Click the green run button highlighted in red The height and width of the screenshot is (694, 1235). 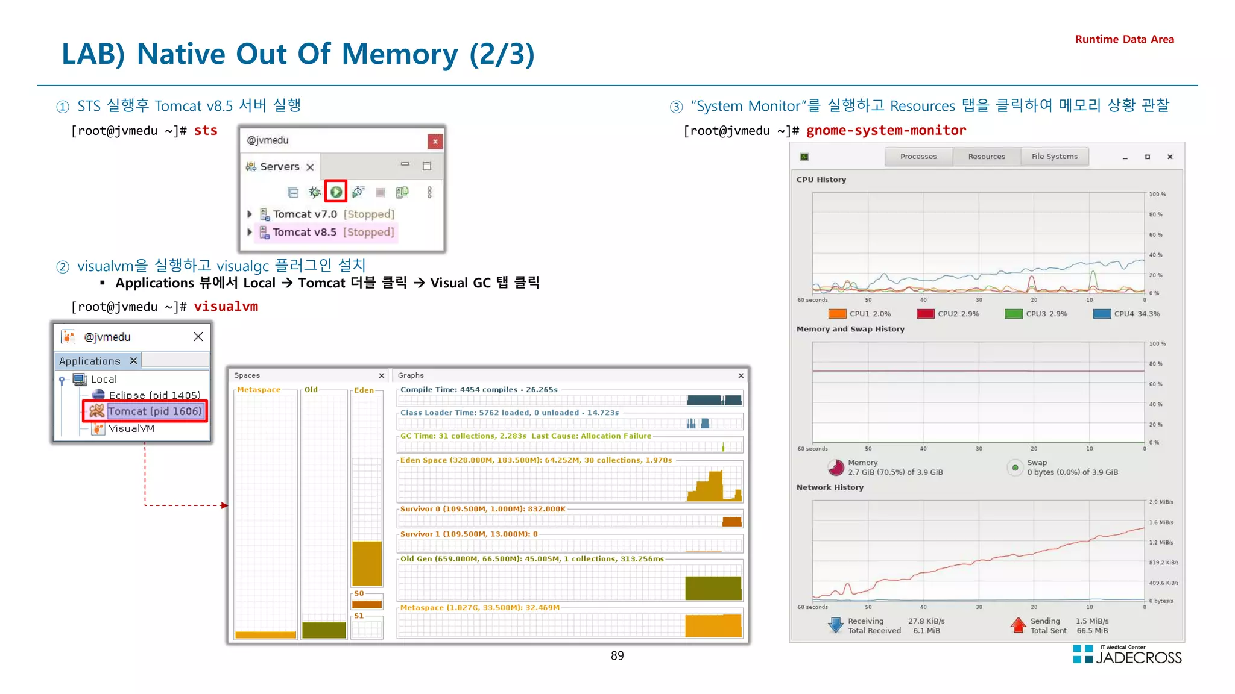coord(336,192)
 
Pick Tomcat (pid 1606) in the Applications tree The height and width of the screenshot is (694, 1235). coord(154,411)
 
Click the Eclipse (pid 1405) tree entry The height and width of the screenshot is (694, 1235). coord(154,395)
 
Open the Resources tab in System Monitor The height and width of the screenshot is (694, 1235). coord(986,157)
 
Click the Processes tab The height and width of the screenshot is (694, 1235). coord(918,157)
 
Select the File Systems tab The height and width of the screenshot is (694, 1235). coord(1054,157)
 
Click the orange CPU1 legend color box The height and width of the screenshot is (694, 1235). coord(837,314)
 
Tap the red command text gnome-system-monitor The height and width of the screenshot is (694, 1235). coord(886,130)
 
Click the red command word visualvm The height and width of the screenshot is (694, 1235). coord(226,306)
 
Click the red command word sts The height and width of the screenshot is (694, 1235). coord(206,130)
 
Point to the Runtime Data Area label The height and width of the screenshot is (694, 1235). coord(1124,39)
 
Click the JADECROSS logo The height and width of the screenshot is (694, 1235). coord(1127,655)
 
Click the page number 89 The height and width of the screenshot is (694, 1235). coord(617,655)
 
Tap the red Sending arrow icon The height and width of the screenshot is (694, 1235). coord(1018,625)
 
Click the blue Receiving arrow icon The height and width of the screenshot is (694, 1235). coord(836,625)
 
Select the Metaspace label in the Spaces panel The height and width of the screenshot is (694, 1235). coord(259,390)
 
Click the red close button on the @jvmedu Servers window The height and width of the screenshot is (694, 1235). coord(435,141)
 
